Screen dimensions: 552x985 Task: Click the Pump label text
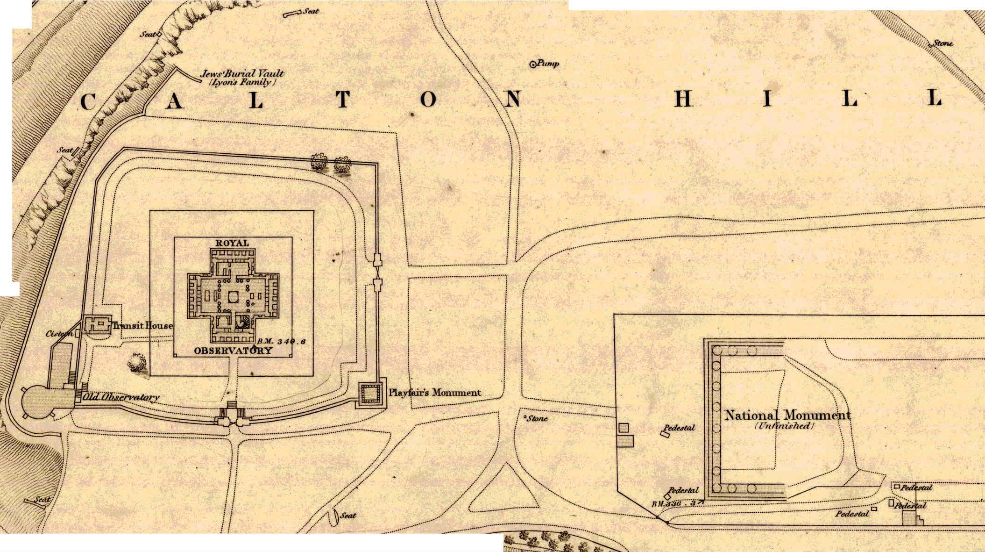(x=548, y=63)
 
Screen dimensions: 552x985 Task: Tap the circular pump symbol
(x=532, y=65)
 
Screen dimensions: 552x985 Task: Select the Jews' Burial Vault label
(x=242, y=73)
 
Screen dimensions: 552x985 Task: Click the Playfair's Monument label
(x=435, y=393)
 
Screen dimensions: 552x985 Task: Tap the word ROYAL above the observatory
(x=232, y=243)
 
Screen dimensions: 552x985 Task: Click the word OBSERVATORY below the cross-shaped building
(x=233, y=351)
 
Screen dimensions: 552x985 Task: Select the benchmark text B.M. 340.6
(x=281, y=342)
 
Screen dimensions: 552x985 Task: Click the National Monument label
(x=787, y=415)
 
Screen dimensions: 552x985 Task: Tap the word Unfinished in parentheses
(x=785, y=426)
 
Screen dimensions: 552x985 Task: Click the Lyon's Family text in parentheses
(x=241, y=82)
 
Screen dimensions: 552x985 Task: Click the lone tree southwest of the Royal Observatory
(x=136, y=362)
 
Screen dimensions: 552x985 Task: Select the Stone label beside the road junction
(x=537, y=419)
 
